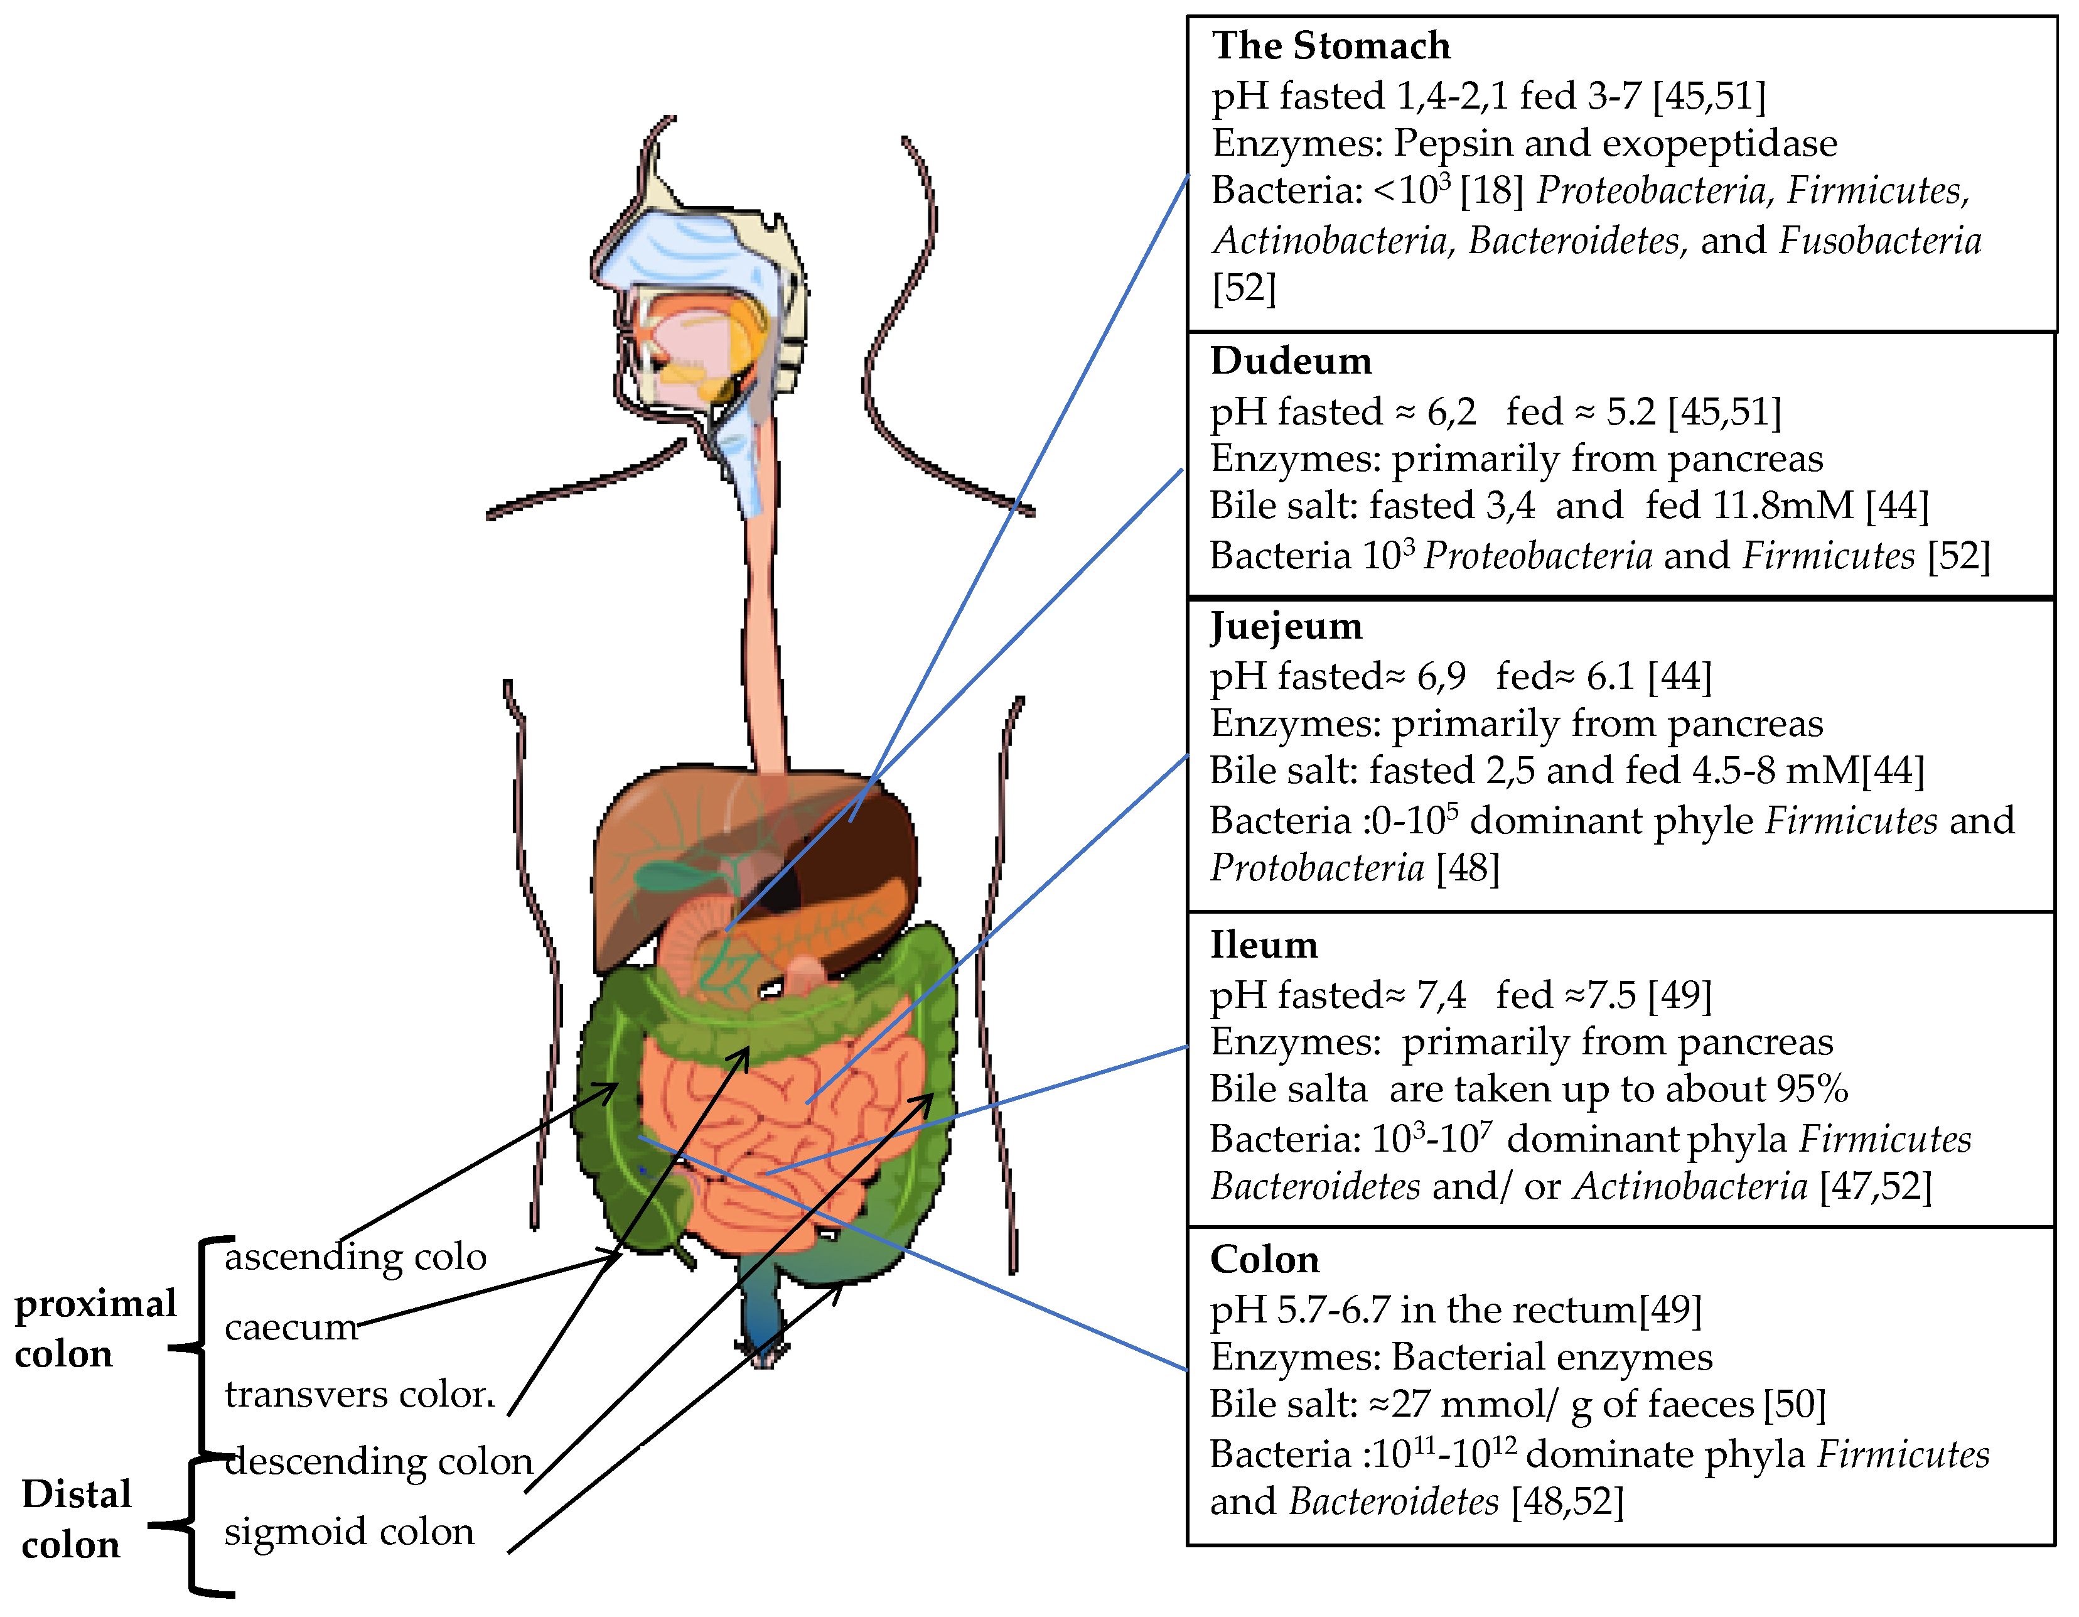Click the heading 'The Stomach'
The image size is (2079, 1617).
(x=1330, y=46)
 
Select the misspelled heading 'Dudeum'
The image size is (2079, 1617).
(x=1290, y=361)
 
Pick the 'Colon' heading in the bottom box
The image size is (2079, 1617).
(x=1264, y=1259)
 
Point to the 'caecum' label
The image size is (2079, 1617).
(x=291, y=1326)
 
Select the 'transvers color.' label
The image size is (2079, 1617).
(x=360, y=1394)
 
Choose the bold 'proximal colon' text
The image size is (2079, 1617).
(x=95, y=1329)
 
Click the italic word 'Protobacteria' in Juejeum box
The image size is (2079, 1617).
(x=1316, y=868)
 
